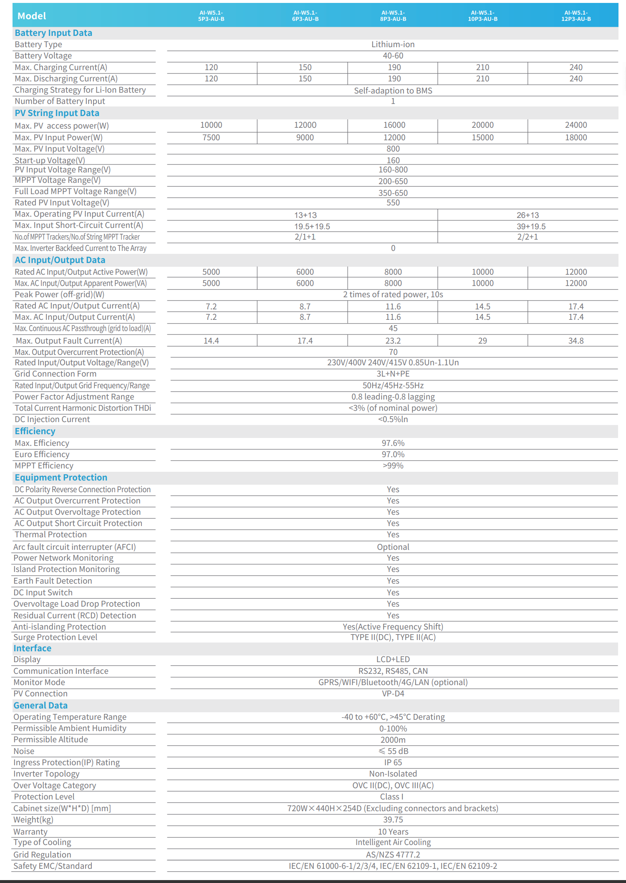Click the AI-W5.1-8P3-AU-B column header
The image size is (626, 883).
393,16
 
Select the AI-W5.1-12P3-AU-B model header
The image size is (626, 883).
576,16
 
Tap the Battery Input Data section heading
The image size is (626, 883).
53,33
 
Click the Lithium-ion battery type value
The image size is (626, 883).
393,44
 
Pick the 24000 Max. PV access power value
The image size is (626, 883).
576,125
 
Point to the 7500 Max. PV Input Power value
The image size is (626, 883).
211,137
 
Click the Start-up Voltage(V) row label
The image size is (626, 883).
50,160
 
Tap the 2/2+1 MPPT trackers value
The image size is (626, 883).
528,237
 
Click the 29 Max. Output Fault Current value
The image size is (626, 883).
482,341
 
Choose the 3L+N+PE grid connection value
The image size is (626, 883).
393,374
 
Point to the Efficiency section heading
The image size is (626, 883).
35,431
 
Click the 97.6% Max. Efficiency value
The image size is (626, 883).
393,443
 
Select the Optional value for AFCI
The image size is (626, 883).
393,547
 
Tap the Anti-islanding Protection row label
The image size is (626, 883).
60,627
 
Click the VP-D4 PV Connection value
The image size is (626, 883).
393,693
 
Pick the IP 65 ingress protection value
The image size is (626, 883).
393,762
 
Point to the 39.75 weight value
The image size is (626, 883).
393,820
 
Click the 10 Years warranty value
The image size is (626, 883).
393,832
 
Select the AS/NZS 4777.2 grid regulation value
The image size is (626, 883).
393,855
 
